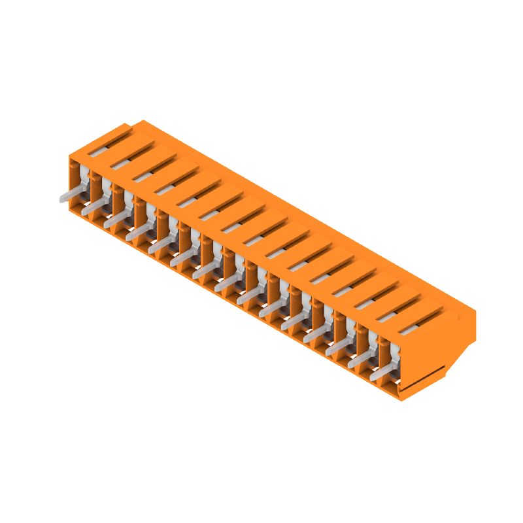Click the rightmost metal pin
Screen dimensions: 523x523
click(x=382, y=374)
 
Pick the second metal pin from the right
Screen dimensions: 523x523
click(x=360, y=362)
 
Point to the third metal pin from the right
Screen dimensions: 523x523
click(x=337, y=349)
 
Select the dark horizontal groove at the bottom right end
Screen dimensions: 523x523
click(x=425, y=380)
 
